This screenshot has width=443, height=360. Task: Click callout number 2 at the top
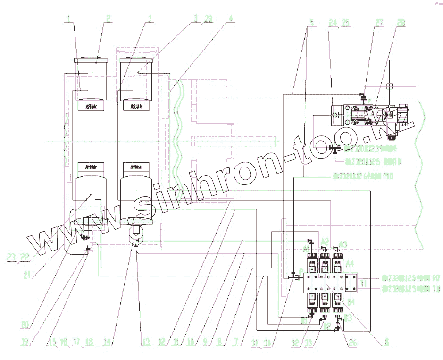[109, 19]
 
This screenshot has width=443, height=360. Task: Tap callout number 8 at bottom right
[387, 343]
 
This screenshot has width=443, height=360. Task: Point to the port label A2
[324, 241]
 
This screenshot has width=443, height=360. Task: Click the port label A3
[343, 244]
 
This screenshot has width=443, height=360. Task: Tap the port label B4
[351, 300]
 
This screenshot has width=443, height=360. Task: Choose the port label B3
[348, 317]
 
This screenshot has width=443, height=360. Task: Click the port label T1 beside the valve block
[364, 284]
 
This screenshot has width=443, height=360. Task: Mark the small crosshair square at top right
[389, 86]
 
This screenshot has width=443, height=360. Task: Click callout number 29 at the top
[209, 19]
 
